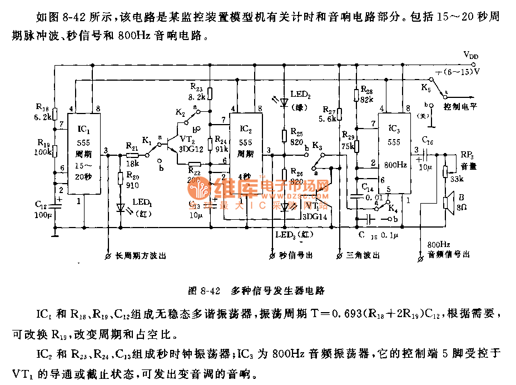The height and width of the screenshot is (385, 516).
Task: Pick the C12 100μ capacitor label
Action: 42,210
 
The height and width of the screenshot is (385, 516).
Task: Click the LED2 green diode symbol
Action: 284,102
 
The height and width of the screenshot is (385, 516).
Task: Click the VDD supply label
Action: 470,56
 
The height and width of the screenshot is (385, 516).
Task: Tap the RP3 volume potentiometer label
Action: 467,155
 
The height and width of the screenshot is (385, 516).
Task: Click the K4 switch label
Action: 393,210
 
